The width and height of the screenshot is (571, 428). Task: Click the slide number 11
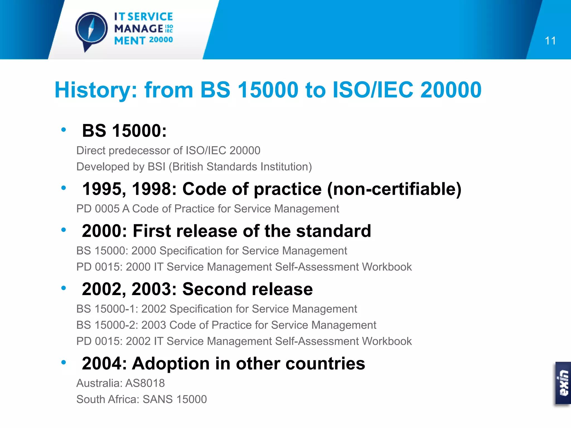(x=550, y=41)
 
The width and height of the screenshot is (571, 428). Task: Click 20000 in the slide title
(x=451, y=90)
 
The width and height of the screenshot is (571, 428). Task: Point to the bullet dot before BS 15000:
(x=64, y=130)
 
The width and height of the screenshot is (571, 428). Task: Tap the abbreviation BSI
(x=156, y=167)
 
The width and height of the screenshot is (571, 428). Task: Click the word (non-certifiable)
(x=394, y=189)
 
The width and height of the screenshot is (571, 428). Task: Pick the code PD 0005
(x=98, y=209)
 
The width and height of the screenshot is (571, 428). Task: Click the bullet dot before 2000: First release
(x=64, y=230)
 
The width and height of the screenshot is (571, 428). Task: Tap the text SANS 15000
(x=175, y=400)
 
